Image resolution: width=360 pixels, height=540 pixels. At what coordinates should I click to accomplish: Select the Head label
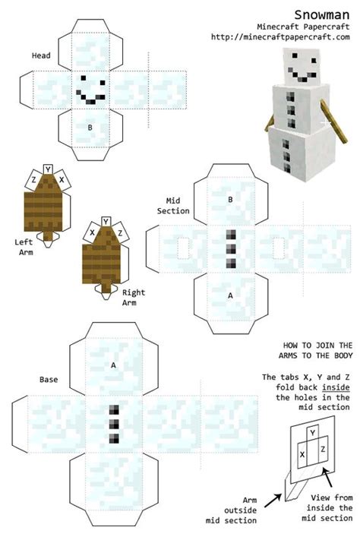[x=41, y=55]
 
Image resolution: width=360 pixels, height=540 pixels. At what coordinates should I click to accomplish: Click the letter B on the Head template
[x=90, y=128]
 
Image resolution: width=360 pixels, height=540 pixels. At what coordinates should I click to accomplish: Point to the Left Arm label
[x=24, y=246]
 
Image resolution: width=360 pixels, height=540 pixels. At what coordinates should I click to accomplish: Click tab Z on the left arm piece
[x=33, y=180]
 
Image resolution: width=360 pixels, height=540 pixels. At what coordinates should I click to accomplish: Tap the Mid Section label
[x=173, y=205]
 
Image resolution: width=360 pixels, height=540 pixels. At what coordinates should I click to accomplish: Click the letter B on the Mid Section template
[x=231, y=200]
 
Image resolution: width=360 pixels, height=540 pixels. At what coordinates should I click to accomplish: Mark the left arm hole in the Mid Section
[x=182, y=248]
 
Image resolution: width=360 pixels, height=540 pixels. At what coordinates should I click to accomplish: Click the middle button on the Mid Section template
[x=230, y=248]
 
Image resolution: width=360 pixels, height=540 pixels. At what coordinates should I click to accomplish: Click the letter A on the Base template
[x=113, y=365]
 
